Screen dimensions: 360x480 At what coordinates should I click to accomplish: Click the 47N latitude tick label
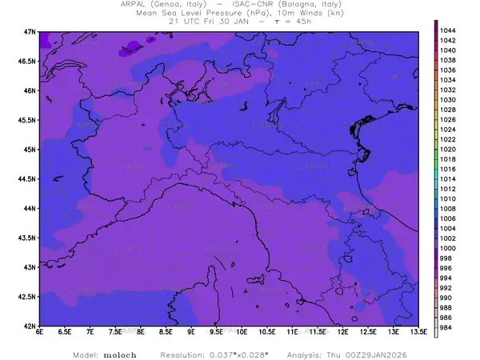(x=30, y=31)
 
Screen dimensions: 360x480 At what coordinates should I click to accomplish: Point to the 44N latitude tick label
(x=30, y=208)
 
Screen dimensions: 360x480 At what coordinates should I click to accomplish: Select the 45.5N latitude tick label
(x=26, y=120)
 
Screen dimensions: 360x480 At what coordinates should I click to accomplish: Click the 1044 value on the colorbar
(x=447, y=30)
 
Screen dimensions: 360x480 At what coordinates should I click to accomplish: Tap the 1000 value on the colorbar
(x=447, y=249)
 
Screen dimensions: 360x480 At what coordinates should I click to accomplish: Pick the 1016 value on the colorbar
(x=447, y=169)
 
